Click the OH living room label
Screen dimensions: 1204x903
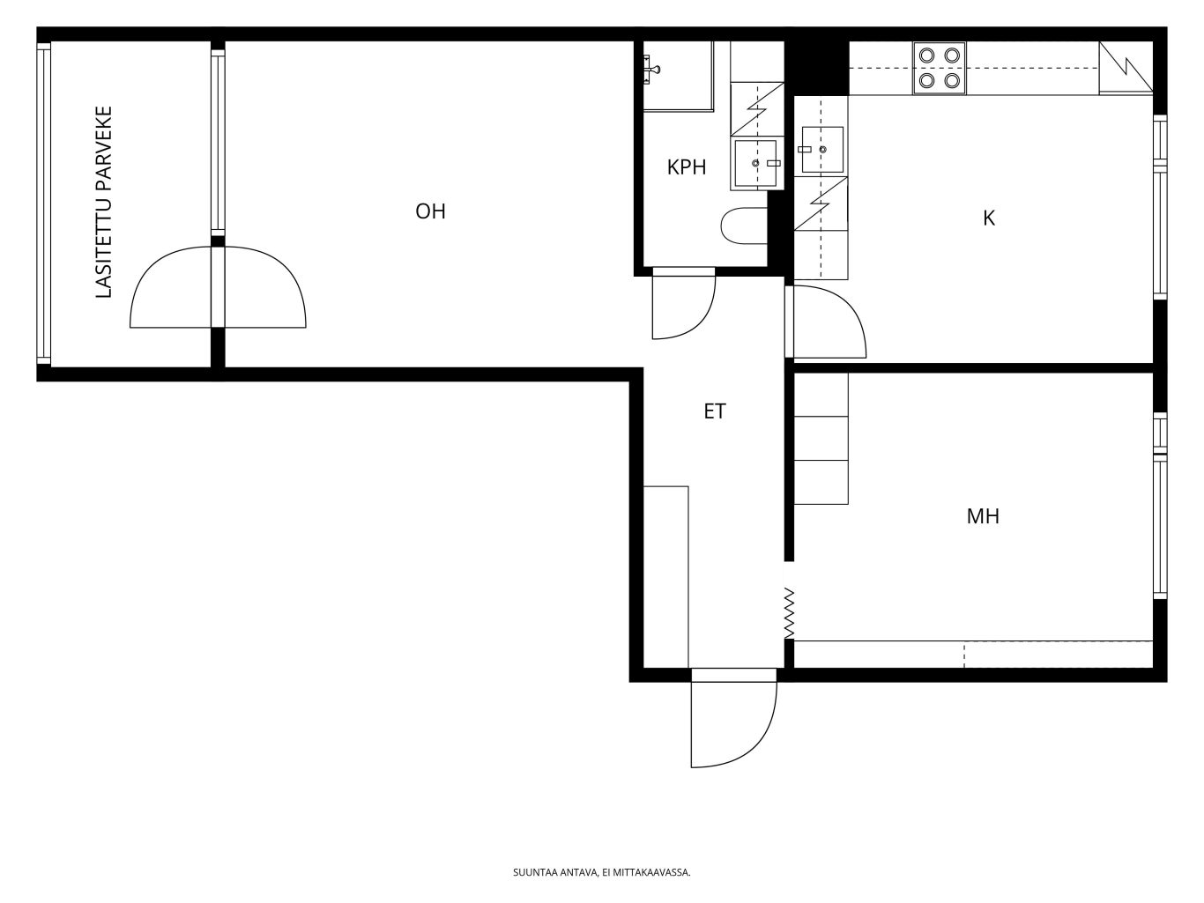click(430, 211)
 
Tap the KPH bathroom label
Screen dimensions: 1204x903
click(687, 167)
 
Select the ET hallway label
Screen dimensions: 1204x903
click(714, 411)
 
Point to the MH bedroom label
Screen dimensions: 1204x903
click(983, 516)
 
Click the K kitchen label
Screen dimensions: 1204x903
click(988, 218)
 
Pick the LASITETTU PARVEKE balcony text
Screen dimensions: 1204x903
click(104, 202)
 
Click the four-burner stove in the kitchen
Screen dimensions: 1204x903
click(939, 68)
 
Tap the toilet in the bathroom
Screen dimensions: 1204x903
click(744, 226)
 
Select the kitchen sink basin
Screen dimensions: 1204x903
click(822, 150)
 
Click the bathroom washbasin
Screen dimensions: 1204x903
click(756, 163)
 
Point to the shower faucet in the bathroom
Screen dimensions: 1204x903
click(650, 69)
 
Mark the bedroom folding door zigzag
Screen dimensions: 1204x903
click(789, 613)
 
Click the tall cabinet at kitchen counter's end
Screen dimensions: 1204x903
click(1126, 68)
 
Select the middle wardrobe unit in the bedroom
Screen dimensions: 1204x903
click(821, 438)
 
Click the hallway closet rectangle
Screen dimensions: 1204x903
click(665, 577)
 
